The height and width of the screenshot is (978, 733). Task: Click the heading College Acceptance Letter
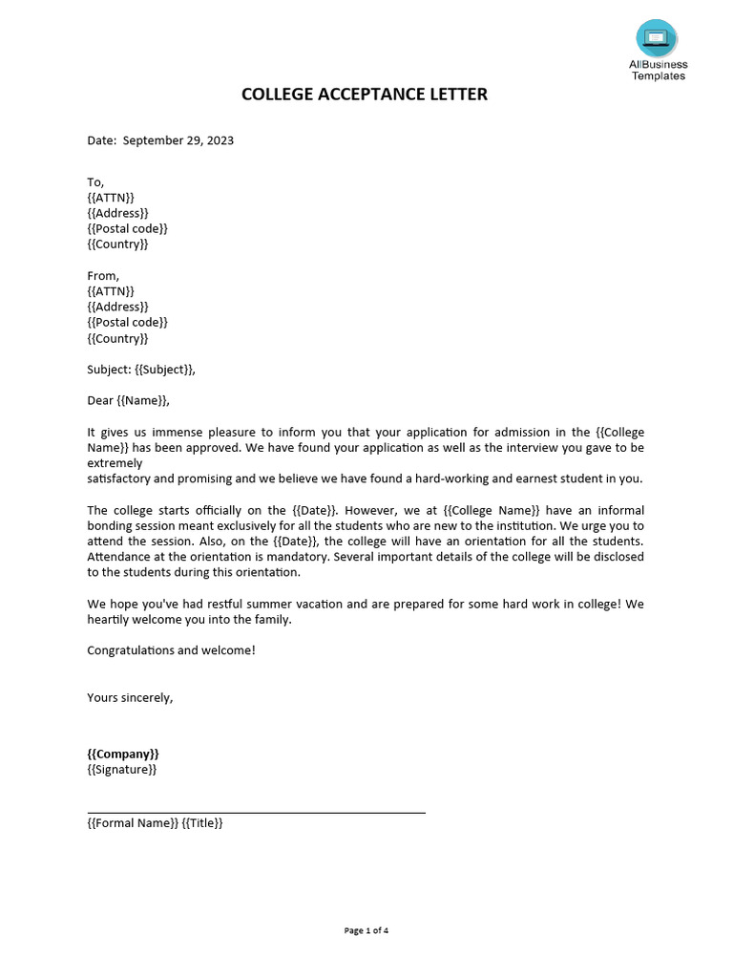point(364,95)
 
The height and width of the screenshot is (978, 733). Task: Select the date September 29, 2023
point(177,140)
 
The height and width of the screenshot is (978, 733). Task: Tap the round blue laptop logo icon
point(657,38)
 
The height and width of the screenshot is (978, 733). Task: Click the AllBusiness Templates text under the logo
point(658,71)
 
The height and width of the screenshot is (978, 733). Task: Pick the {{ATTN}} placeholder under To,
point(111,198)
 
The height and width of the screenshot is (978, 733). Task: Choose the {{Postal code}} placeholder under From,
point(127,323)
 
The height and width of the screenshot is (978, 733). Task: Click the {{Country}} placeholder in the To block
point(117,244)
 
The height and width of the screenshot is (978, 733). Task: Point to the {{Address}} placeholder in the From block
point(117,307)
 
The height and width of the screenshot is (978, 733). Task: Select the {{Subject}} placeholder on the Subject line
point(169,370)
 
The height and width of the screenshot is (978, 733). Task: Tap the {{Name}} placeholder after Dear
point(143,401)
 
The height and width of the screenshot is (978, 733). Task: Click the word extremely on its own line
point(115,463)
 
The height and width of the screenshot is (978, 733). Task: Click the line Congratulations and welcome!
point(171,650)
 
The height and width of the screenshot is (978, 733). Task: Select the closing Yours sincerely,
point(130,697)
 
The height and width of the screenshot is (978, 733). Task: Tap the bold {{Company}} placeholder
point(123,754)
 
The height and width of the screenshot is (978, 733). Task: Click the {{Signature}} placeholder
point(122,769)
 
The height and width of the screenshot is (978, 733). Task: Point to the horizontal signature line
point(256,813)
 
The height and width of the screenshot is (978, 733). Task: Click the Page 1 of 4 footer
point(366,930)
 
